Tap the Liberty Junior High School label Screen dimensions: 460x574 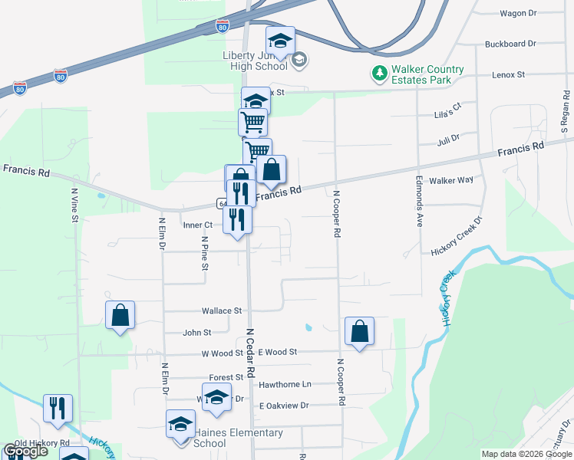[x=255, y=61]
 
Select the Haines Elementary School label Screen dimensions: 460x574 [x=227, y=438]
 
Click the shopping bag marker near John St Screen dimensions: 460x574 [x=120, y=316]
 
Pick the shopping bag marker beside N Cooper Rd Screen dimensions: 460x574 [x=359, y=332]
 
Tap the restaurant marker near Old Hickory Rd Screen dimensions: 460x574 [x=58, y=409]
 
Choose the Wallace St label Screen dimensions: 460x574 [x=222, y=311]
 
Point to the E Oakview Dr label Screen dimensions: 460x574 [x=283, y=406]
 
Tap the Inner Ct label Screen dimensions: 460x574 [x=197, y=225]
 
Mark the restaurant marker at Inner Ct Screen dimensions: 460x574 [x=237, y=220]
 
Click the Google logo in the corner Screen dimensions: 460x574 [x=26, y=451]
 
